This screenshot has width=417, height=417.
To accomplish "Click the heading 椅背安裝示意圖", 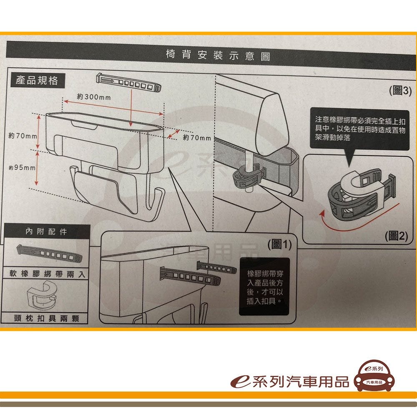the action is point(218,55).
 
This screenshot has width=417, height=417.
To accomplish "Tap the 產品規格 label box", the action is point(38,80).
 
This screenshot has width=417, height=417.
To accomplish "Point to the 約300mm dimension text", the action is point(94,97).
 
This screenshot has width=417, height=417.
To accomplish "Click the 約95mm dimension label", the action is point(22,168).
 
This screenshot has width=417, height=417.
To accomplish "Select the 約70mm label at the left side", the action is point(23,136).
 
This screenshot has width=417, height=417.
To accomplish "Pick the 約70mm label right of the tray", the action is point(197,138).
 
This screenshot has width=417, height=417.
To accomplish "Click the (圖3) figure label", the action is point(400,90).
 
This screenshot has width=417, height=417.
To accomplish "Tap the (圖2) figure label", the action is point(396,236).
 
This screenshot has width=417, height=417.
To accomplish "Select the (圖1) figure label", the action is point(279,244).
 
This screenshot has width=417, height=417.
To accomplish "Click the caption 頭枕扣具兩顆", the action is point(47,318).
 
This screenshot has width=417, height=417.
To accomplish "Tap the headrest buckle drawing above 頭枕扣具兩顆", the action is point(42,295).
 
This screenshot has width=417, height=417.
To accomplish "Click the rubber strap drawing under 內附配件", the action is point(49,253).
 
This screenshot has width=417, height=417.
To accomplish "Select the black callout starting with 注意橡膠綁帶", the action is point(360,129).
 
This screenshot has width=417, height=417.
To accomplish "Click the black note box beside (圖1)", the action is point(264,286).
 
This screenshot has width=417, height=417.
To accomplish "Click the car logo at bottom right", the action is point(374,376).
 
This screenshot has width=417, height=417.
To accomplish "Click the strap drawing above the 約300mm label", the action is point(129,83).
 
